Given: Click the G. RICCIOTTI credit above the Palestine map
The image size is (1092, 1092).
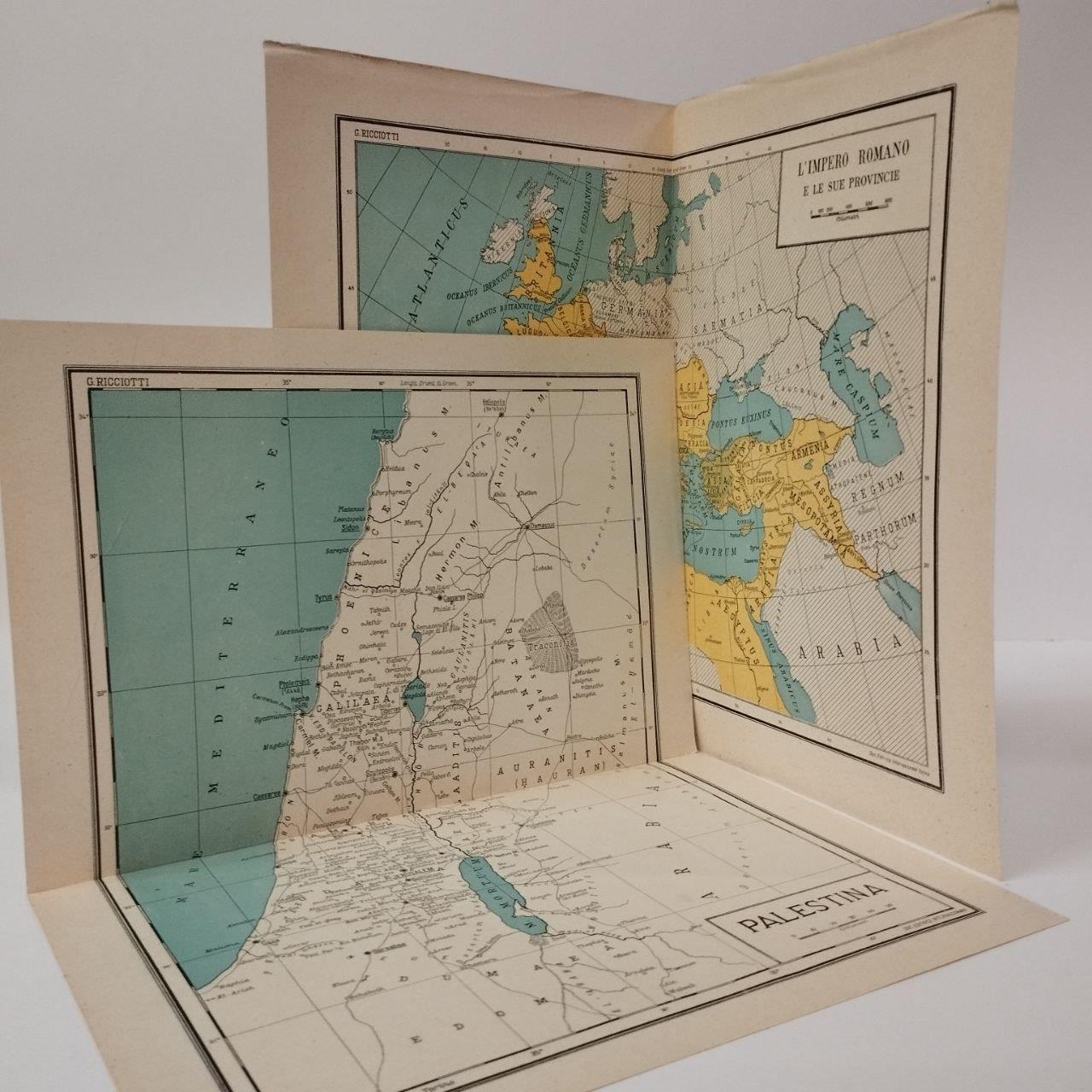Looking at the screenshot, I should (109, 381).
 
